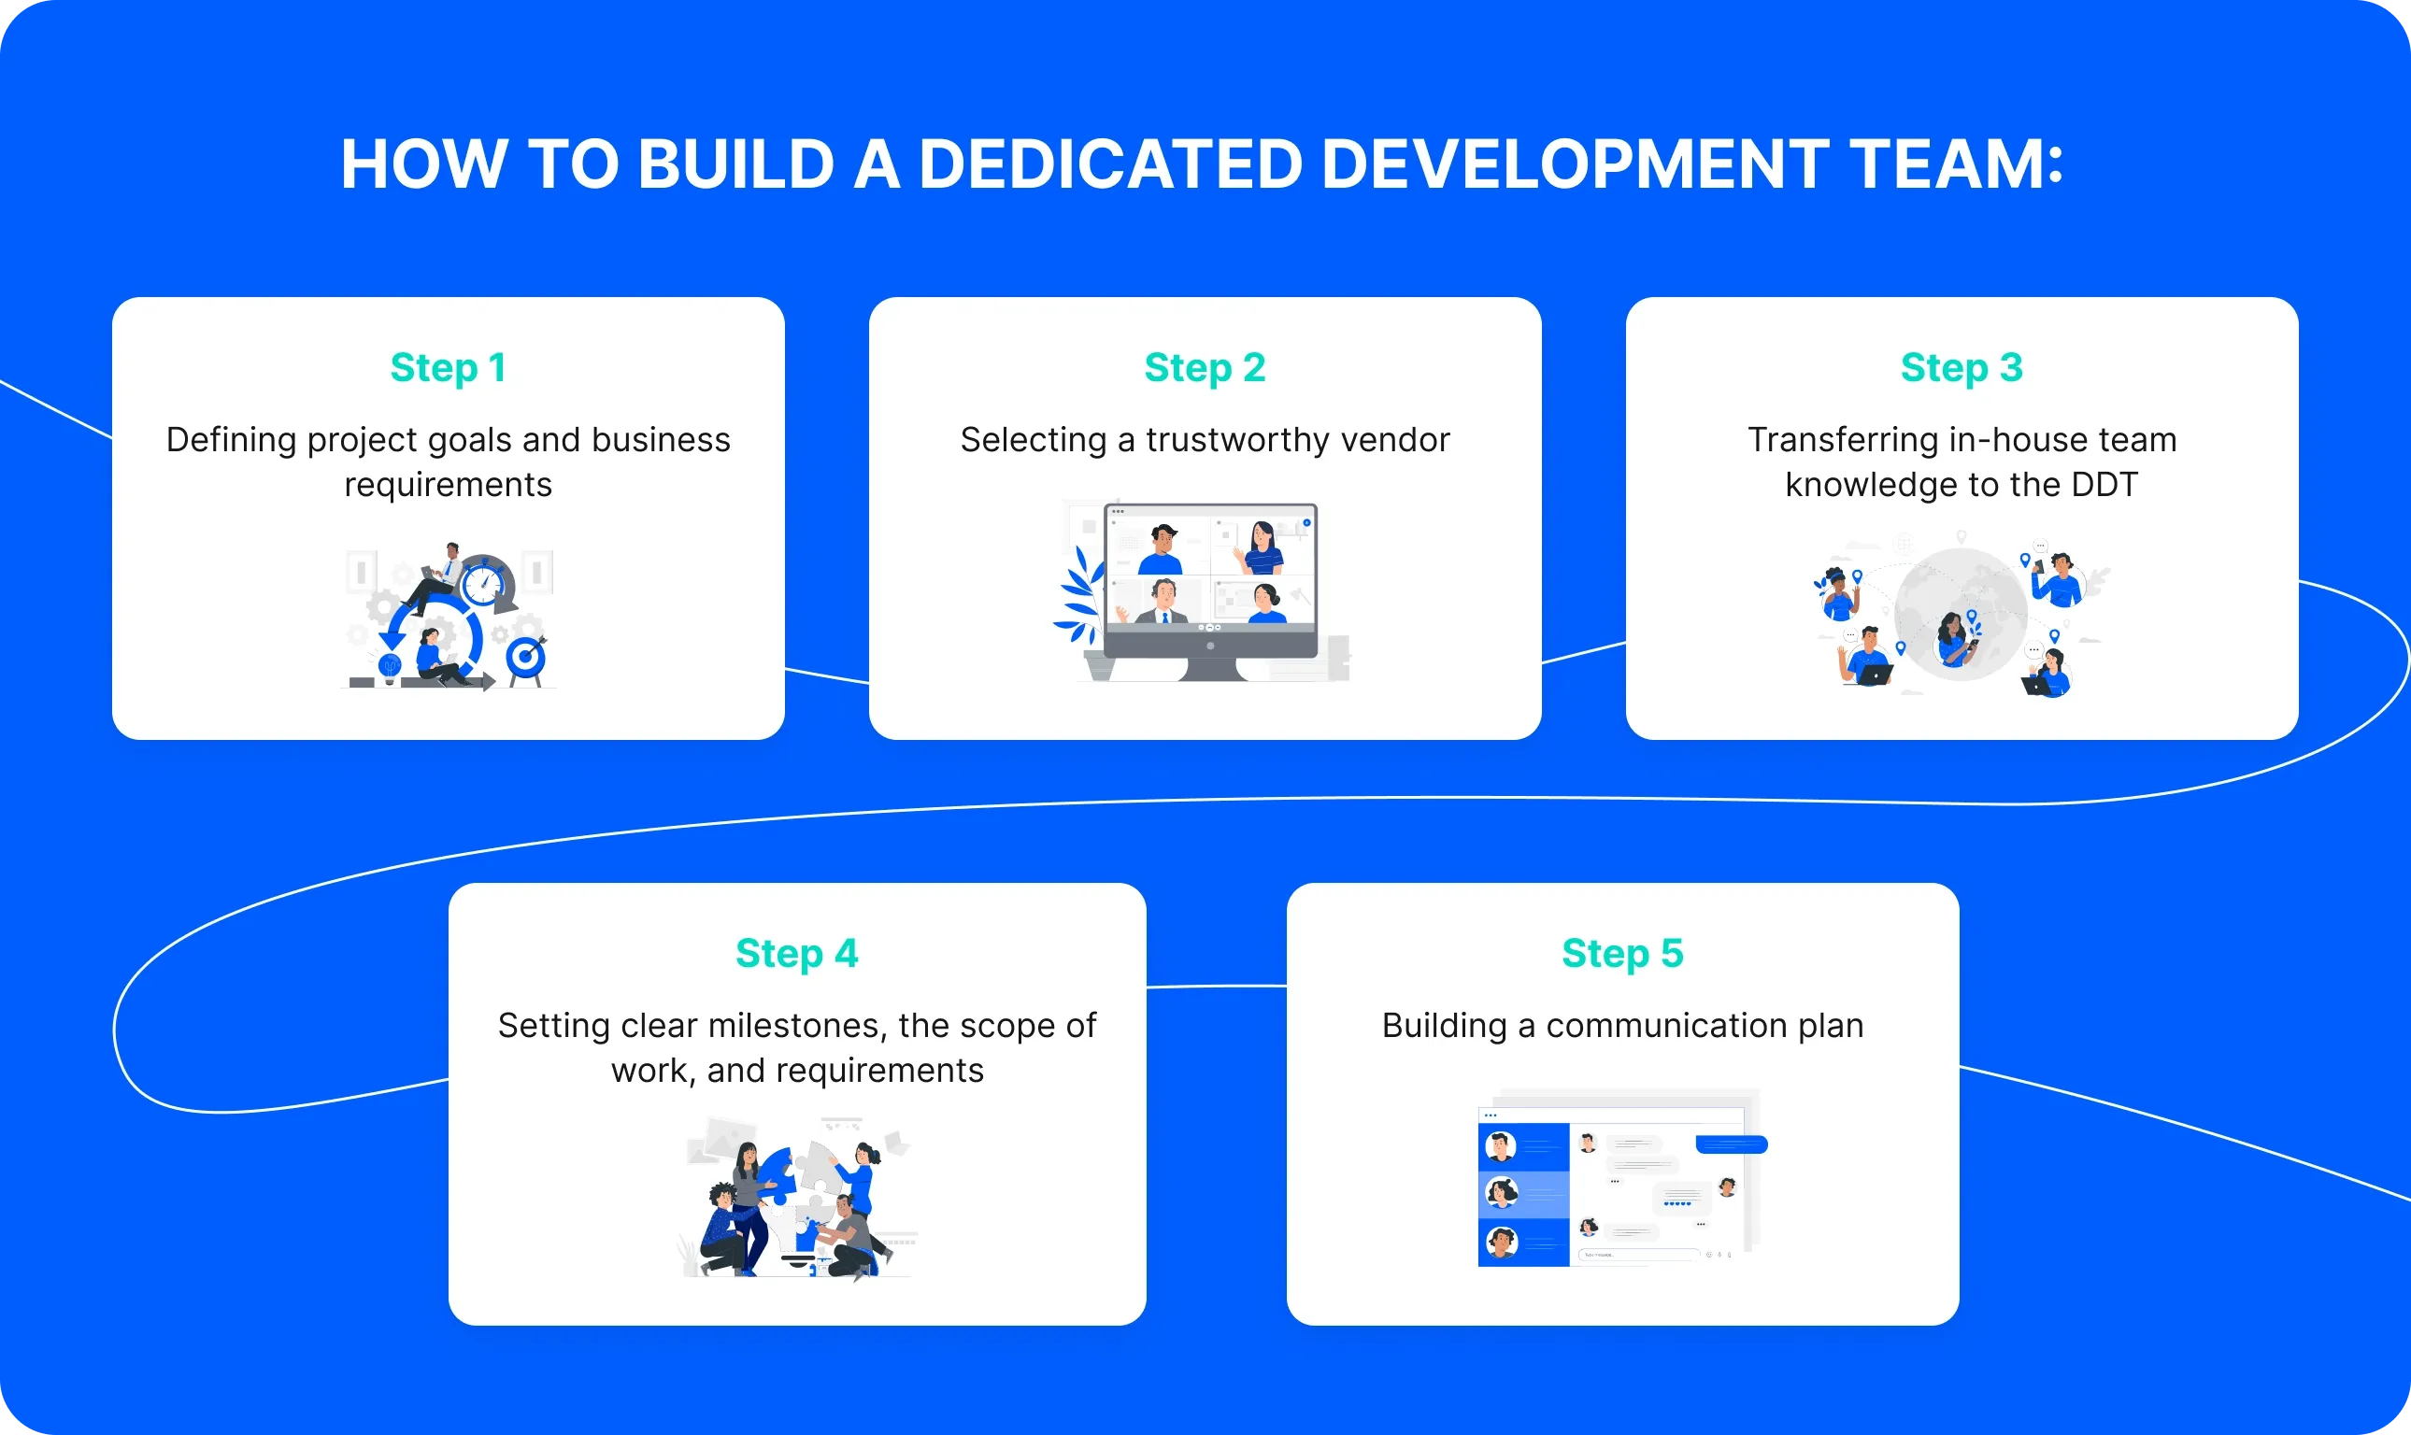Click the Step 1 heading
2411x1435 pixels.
[448, 367]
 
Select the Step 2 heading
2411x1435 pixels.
[1204, 367]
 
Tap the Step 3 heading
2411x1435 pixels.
[1961, 367]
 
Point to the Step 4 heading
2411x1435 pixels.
[796, 954]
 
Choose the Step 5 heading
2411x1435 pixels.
[1622, 954]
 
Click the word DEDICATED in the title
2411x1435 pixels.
[1109, 163]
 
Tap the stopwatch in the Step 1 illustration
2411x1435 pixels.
[482, 583]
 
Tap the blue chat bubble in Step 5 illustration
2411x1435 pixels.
[1731, 1144]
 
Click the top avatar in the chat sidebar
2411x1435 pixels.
[1500, 1147]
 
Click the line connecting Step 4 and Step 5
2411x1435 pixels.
[1216, 987]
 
